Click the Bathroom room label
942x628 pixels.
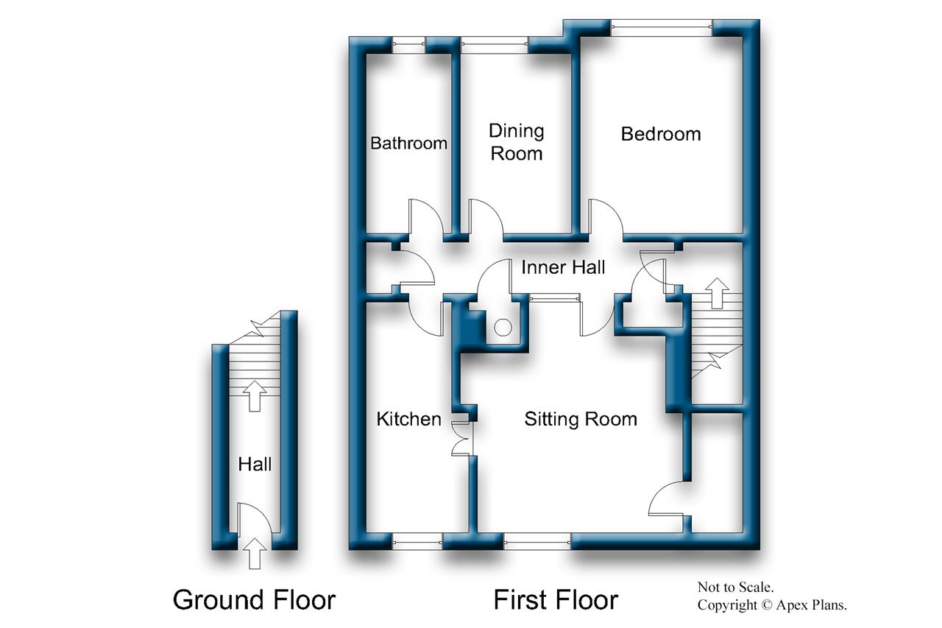coord(408,143)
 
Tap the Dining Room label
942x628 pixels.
coord(517,142)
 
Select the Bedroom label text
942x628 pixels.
coord(661,134)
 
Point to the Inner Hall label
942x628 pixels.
coord(563,267)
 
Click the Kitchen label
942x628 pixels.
coord(408,419)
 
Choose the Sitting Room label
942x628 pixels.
coord(581,419)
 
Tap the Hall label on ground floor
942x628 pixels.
coord(255,464)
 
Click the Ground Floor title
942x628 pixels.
coord(254,599)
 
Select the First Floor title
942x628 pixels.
coord(556,599)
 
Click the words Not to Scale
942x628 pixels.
coord(736,587)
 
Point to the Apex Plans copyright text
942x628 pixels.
coord(773,605)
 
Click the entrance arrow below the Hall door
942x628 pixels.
coord(255,553)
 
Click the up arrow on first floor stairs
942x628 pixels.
coord(717,293)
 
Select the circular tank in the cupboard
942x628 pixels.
coord(503,328)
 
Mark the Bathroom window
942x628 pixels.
coord(408,45)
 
